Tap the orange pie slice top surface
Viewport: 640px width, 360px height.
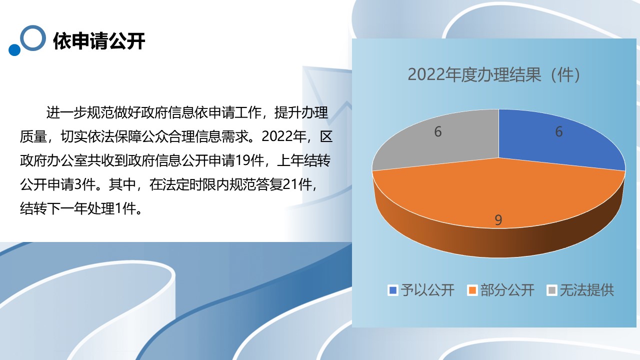click(x=498, y=194)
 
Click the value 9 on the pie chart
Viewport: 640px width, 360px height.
click(x=498, y=220)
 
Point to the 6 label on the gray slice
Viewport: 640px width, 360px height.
click(x=437, y=131)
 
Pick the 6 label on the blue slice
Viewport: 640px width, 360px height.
click(x=559, y=131)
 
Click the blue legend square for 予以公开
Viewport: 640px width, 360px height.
click(x=393, y=290)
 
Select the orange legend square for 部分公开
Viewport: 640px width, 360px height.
click(x=472, y=290)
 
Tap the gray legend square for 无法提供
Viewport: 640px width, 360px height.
click(x=552, y=290)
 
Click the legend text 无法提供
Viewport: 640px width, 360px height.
click(x=587, y=290)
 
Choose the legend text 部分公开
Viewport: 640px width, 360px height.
click(x=507, y=290)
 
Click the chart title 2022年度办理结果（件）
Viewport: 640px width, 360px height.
click(x=494, y=75)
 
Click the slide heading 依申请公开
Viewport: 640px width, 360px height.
click(x=99, y=41)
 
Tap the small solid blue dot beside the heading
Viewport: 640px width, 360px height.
click(x=14, y=49)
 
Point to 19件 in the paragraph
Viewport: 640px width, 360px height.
click(x=249, y=160)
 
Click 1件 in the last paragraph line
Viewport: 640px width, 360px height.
click(x=125, y=208)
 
